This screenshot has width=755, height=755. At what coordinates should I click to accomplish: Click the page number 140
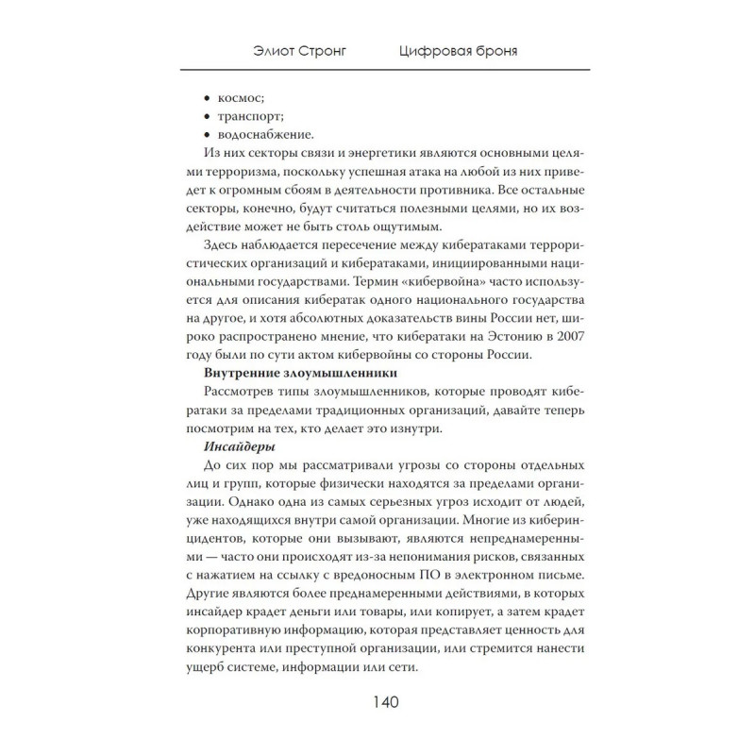point(377,702)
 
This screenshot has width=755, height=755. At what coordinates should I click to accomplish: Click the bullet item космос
point(241,96)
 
